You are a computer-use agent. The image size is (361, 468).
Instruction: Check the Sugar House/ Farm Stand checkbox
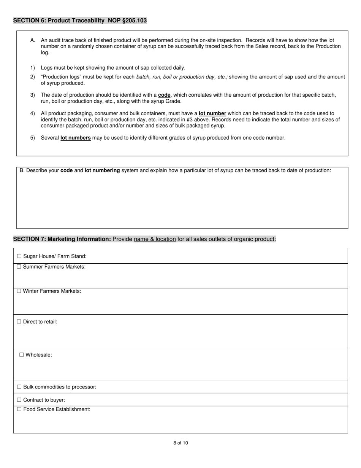[19, 256]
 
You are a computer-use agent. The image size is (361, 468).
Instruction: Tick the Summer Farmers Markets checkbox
[19, 267]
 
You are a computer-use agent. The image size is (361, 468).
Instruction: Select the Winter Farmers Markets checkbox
[19, 291]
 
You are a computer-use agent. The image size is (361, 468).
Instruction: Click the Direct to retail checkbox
[19, 322]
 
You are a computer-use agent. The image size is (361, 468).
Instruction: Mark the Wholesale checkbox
[22, 355]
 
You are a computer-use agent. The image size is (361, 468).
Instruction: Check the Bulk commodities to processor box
[19, 387]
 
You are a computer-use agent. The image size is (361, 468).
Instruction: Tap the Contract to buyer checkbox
[19, 400]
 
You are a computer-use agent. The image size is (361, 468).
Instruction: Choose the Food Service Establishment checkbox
[19, 409]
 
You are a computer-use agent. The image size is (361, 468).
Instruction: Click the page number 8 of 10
[180, 443]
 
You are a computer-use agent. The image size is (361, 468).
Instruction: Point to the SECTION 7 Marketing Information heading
[62, 239]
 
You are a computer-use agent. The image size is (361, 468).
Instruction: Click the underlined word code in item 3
[164, 95]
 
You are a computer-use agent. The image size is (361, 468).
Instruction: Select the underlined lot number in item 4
[212, 113]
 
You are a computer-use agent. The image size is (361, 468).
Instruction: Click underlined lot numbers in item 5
[75, 138]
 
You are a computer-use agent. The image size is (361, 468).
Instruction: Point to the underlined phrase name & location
[155, 239]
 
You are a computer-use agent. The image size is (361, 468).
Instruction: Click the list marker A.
[33, 40]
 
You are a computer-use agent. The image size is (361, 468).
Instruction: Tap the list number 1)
[33, 68]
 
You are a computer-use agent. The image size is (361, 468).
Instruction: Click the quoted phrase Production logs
[61, 77]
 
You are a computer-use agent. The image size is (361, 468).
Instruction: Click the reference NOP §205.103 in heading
[127, 21]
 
